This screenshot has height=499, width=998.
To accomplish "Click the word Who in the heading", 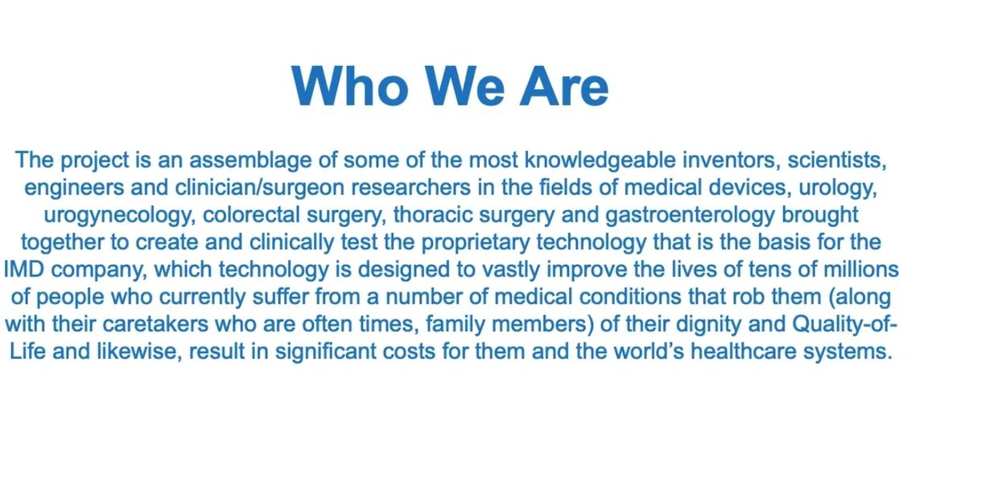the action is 350,86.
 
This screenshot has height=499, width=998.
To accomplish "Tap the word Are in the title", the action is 564,86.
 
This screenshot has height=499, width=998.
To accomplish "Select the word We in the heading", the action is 464,86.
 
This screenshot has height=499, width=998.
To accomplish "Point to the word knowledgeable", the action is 600,160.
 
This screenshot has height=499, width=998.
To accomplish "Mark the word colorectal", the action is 251,215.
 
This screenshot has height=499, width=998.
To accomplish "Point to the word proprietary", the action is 476,243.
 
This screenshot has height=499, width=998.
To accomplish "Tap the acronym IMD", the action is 24,270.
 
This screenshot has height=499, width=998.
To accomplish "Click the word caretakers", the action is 155,324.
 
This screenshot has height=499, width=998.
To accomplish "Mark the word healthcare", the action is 744,352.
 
